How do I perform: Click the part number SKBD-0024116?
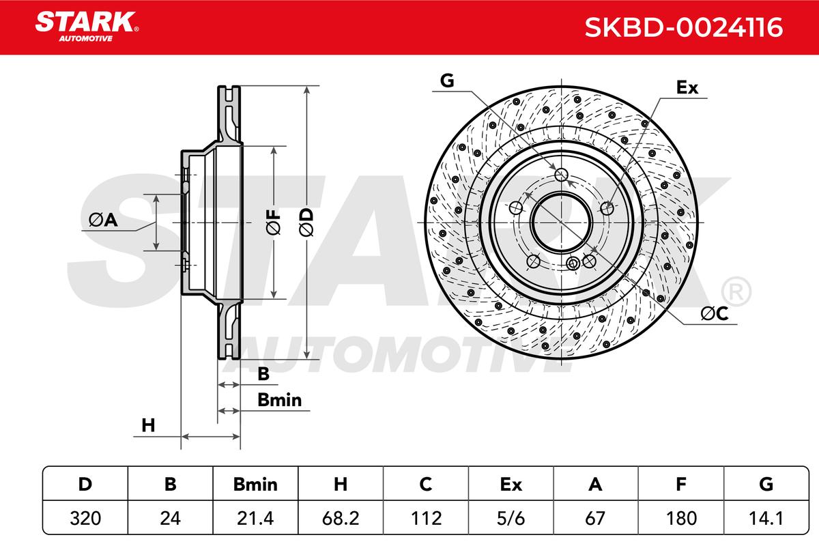pyautogui.click(x=684, y=27)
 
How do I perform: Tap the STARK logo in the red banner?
pyautogui.click(x=87, y=27)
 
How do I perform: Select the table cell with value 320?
pyautogui.click(x=85, y=518)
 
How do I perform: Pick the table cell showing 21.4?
pyautogui.click(x=255, y=518)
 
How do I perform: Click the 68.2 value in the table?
pyautogui.click(x=341, y=518)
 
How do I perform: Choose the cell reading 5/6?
pyautogui.click(x=511, y=518)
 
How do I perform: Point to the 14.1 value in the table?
pyautogui.click(x=766, y=518)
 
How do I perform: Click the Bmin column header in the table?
pyautogui.click(x=255, y=484)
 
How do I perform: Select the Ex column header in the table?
pyautogui.click(x=511, y=484)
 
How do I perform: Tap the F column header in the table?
pyautogui.click(x=681, y=484)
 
